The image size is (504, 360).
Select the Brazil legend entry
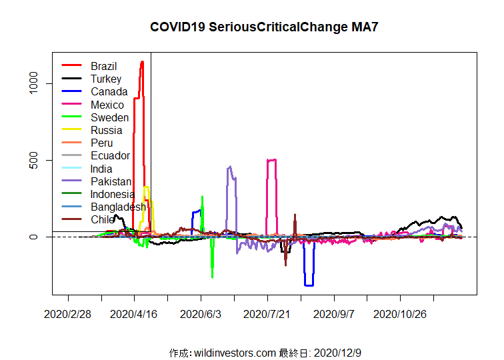[103, 66]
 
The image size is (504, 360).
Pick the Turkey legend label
[106, 79]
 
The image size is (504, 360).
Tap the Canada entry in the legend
[109, 91]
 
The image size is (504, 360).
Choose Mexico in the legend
[107, 105]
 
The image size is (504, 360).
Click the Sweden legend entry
[109, 117]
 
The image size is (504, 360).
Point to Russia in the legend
[107, 130]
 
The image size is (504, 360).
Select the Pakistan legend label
[111, 181]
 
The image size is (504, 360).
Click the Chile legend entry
[103, 219]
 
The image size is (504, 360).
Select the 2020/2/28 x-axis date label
[67, 313]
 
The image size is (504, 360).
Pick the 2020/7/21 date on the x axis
[267, 313]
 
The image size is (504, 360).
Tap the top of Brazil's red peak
[142, 62]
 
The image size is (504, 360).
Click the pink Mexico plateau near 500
[271, 160]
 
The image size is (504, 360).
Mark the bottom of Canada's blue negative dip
[309, 285]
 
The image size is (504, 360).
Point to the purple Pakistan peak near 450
[230, 167]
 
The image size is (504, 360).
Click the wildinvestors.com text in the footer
[233, 352]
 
